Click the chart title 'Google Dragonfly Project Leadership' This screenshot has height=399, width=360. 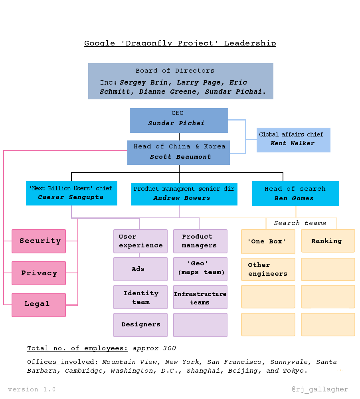pos(180,43)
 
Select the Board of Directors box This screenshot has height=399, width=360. pos(180,81)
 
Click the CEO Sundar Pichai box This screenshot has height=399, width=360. pos(179,120)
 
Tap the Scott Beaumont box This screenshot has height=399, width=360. pos(178,152)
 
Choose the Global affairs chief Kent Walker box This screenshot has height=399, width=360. pos(293,140)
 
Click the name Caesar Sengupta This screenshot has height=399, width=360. pos(71,197)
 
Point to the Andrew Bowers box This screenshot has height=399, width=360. pos(184,194)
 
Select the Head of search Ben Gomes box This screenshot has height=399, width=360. pos(295,194)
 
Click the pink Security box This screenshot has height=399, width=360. pos(39,241)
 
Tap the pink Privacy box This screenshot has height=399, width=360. pos(39,273)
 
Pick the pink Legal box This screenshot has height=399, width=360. pos(39,305)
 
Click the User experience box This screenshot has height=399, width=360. pos(140,241)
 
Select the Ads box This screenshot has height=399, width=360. pos(140,269)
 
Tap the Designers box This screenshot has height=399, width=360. pos(140,325)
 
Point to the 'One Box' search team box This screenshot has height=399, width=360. pos(268,241)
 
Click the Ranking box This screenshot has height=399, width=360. pos(328,241)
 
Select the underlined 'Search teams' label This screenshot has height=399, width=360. pos(300,223)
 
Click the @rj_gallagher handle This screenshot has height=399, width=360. pos(320,389)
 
